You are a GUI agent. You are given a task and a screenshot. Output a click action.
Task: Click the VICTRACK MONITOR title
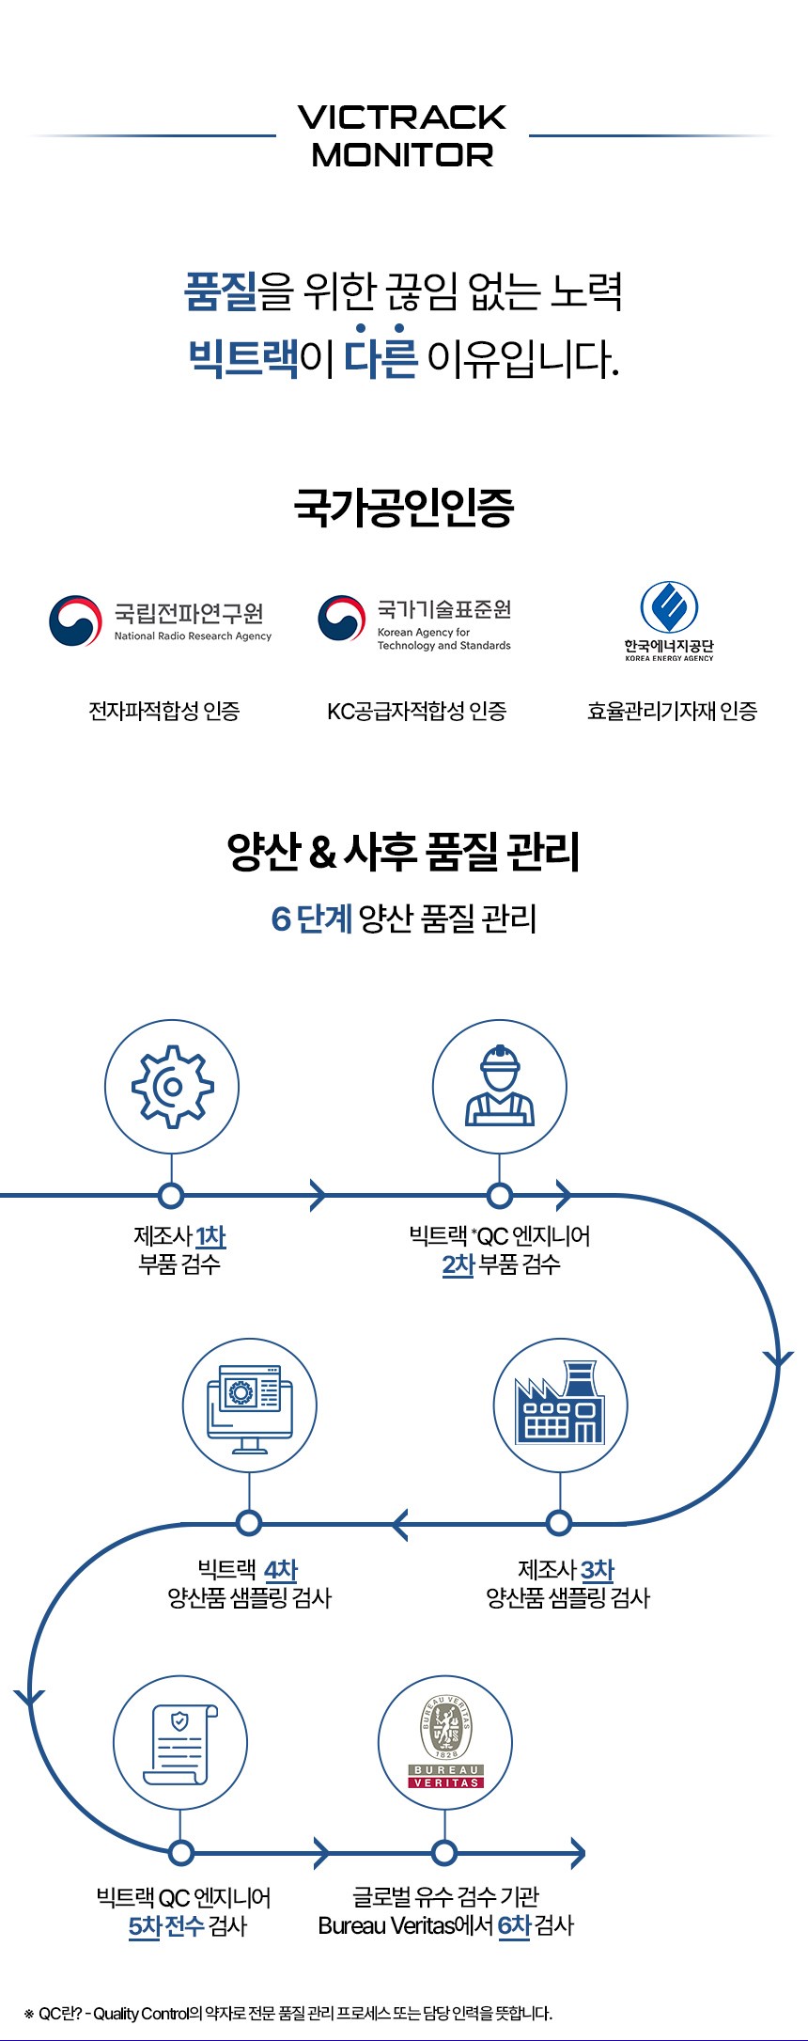pyautogui.click(x=402, y=135)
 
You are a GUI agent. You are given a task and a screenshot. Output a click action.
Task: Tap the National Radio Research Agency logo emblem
pyautogui.click(x=75, y=620)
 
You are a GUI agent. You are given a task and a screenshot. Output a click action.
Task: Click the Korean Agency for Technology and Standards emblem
pyautogui.click(x=341, y=619)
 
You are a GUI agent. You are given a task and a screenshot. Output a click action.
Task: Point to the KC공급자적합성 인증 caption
pyautogui.click(x=416, y=712)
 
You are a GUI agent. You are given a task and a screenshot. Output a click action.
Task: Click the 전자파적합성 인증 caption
pyautogui.click(x=164, y=712)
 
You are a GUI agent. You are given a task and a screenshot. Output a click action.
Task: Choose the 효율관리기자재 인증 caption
pyautogui.click(x=672, y=712)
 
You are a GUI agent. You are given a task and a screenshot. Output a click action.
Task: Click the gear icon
pyautogui.click(x=172, y=1087)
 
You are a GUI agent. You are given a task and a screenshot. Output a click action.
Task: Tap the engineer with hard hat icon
pyautogui.click(x=500, y=1087)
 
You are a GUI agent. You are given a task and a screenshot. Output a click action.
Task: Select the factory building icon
pyautogui.click(x=560, y=1405)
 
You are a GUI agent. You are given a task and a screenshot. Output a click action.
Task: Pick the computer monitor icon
pyautogui.click(x=250, y=1405)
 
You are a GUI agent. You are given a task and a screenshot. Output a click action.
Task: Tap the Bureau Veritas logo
pyautogui.click(x=445, y=1742)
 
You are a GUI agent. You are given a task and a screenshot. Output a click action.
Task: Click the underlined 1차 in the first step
pyautogui.click(x=210, y=1236)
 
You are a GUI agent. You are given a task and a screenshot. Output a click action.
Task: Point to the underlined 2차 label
pyautogui.click(x=458, y=1264)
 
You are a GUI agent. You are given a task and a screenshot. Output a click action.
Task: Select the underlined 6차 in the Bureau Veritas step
pyautogui.click(x=514, y=1925)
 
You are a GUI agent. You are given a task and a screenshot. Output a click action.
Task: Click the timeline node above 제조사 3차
pyautogui.click(x=559, y=1522)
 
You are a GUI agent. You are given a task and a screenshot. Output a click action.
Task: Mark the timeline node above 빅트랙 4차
pyautogui.click(x=249, y=1522)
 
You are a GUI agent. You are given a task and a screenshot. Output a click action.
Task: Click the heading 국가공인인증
pyautogui.click(x=404, y=508)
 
